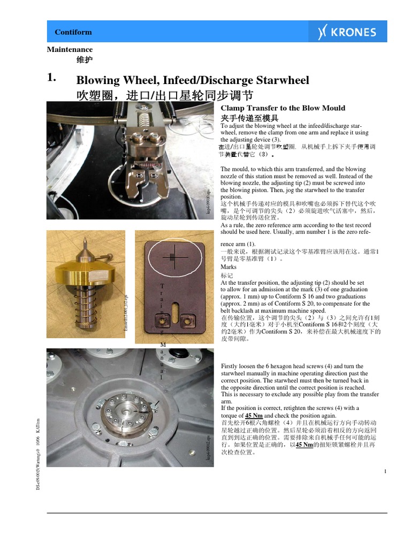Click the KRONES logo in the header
[346, 32]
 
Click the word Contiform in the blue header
[73, 32]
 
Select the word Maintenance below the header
[70, 49]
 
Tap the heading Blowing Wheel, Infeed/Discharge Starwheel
[193, 80]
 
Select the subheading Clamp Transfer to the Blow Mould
[283, 108]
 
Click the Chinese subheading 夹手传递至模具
[249, 117]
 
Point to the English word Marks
[229, 267]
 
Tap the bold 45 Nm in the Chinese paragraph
[304, 445]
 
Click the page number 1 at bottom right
[385, 471]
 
